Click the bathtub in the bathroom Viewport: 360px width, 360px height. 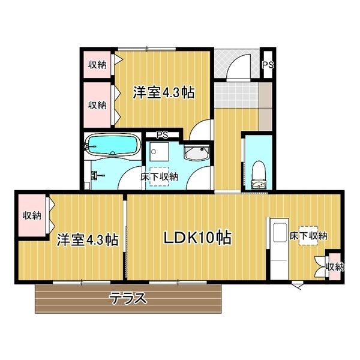point(113,146)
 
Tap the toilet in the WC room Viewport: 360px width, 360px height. point(259,175)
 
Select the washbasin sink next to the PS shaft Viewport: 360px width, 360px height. point(197,152)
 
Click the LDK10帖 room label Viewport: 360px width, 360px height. point(197,238)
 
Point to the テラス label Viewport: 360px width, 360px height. point(128,298)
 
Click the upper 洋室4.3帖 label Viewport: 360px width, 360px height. point(164,93)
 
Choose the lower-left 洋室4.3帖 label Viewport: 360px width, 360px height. point(88,240)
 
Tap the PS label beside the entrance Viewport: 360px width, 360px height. point(268,65)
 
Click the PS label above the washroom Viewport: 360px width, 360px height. point(163,135)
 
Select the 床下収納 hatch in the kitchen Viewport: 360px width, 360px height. point(308,236)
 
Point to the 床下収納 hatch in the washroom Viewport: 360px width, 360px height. point(159,176)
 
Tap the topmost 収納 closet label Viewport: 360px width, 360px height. point(97,65)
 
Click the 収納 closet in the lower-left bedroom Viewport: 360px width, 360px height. point(32,215)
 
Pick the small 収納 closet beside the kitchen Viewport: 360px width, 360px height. point(335,267)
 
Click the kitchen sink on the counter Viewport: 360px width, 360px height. point(280,232)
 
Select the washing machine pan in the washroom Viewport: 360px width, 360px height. point(160,152)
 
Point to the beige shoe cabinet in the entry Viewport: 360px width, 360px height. point(265,107)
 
